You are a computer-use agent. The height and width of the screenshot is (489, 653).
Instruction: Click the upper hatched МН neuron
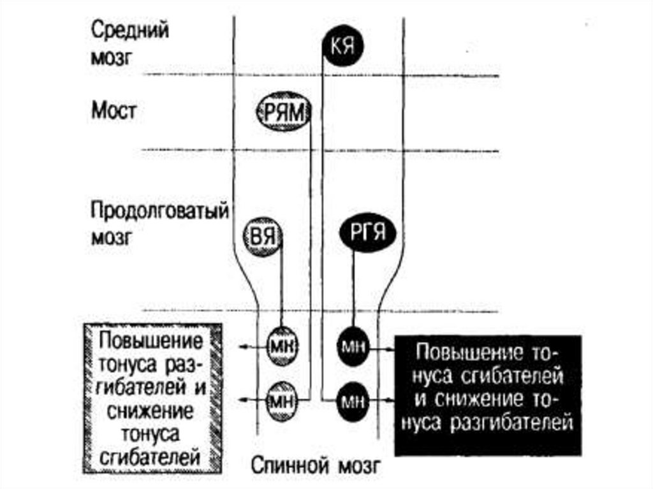[281, 347]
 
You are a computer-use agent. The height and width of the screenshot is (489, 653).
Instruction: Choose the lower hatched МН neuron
[281, 400]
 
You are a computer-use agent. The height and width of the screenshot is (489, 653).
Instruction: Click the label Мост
[114, 112]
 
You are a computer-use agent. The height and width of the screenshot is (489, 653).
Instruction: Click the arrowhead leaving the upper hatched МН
[242, 347]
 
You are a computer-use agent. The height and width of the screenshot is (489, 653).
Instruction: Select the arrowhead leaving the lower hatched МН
[242, 400]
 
